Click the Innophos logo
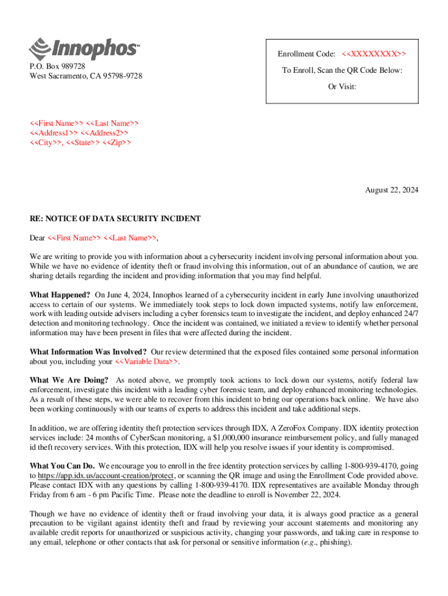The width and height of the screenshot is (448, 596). (84, 49)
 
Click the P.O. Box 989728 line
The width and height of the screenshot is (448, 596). (58, 66)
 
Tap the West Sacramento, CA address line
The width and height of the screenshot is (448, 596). (86, 76)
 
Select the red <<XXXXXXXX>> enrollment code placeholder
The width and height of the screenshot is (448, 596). (374, 54)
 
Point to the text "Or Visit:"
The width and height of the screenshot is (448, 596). (342, 87)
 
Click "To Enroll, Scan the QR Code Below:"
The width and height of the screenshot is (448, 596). (342, 70)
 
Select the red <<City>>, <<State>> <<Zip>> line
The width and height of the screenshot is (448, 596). (80, 143)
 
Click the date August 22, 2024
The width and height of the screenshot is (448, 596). (391, 190)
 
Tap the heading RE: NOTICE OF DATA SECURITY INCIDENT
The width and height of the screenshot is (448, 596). (115, 219)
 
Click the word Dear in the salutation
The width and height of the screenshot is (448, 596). (37, 238)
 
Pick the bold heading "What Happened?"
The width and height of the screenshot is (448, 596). (60, 295)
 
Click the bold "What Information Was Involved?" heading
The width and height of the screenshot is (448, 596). (88, 352)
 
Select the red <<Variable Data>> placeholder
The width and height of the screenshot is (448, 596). (147, 362)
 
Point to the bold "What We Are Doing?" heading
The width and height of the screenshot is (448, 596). (69, 381)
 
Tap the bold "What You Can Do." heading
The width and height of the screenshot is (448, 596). (62, 466)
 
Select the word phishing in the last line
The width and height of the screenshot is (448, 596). (332, 542)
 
